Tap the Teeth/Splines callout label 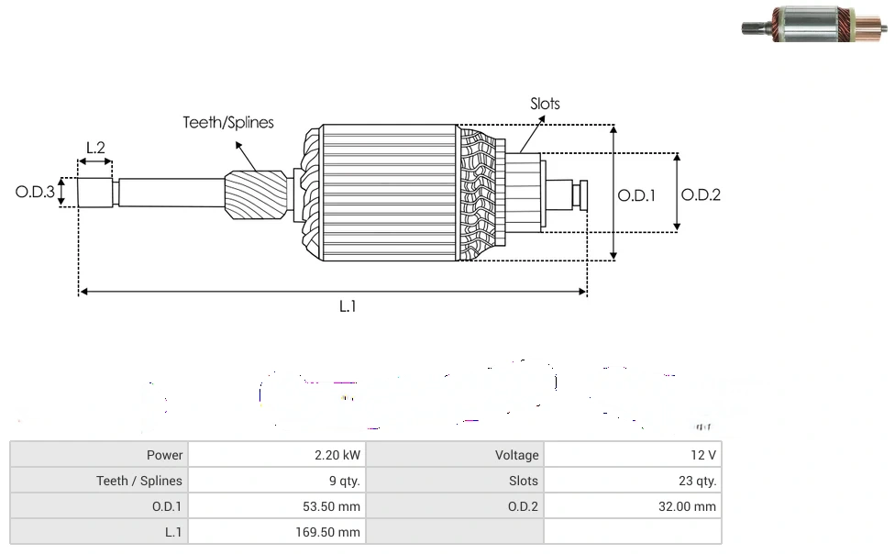pyautogui.click(x=228, y=122)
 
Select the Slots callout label pyautogui.click(x=545, y=104)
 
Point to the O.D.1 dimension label pyautogui.click(x=636, y=195)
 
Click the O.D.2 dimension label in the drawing pyautogui.click(x=702, y=194)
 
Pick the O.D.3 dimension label pyautogui.click(x=36, y=193)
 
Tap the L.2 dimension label pyautogui.click(x=95, y=147)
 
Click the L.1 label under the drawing pyautogui.click(x=348, y=307)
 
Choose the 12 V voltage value pyautogui.click(x=703, y=455)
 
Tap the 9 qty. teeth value pyautogui.click(x=344, y=481)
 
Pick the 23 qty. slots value pyautogui.click(x=698, y=481)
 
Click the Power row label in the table pyautogui.click(x=164, y=455)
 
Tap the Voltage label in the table pyautogui.click(x=516, y=455)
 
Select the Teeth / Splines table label pyautogui.click(x=139, y=481)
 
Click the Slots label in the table pyautogui.click(x=523, y=481)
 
